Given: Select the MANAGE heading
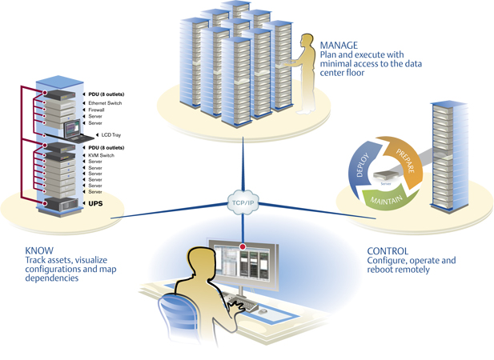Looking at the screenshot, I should tap(339, 45).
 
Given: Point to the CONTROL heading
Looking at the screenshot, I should tap(388, 250).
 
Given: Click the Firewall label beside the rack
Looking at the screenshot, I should tap(96, 110).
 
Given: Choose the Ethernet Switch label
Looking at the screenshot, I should tap(105, 103).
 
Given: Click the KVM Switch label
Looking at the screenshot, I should tap(101, 155).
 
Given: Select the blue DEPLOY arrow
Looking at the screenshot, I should tap(361, 164).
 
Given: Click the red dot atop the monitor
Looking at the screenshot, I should tap(243, 247).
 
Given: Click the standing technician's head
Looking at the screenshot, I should tap(307, 42).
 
